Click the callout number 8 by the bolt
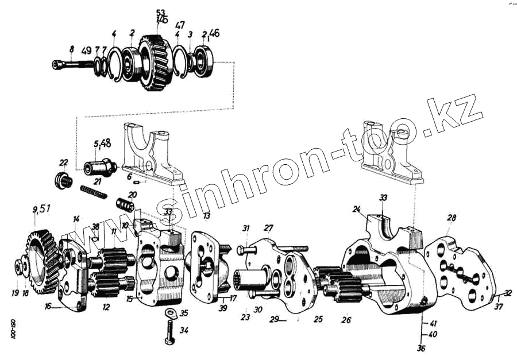(71, 50)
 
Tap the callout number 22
(63, 162)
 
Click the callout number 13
(207, 215)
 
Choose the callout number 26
(346, 320)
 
